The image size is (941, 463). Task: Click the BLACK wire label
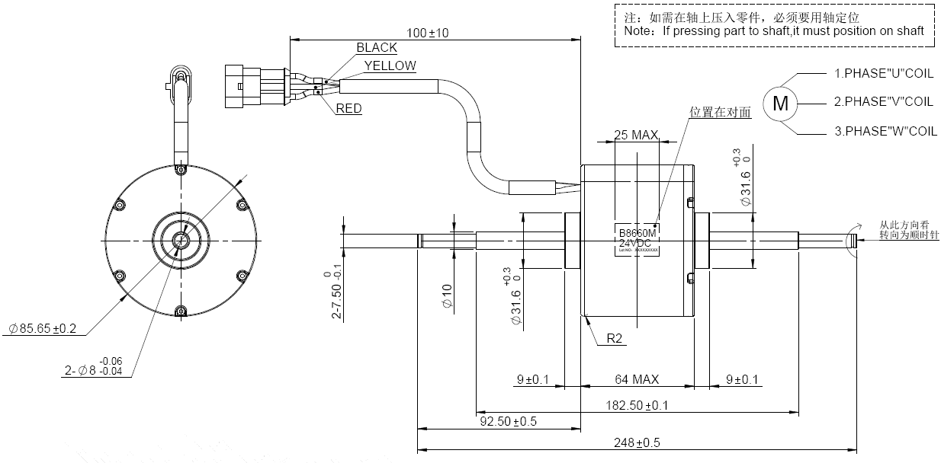[377, 48]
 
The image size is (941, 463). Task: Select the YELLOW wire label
[390, 65]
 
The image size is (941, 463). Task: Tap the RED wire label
[348, 109]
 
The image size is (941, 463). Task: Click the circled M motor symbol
[780, 103]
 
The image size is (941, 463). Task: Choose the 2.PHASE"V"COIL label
[883, 101]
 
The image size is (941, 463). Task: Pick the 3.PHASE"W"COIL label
[885, 131]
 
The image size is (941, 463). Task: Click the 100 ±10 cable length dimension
[428, 33]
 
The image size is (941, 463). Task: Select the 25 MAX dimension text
[635, 136]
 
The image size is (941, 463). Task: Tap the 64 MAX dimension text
[637, 379]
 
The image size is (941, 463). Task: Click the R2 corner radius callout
[616, 339]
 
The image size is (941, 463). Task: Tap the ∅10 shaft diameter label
[448, 296]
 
